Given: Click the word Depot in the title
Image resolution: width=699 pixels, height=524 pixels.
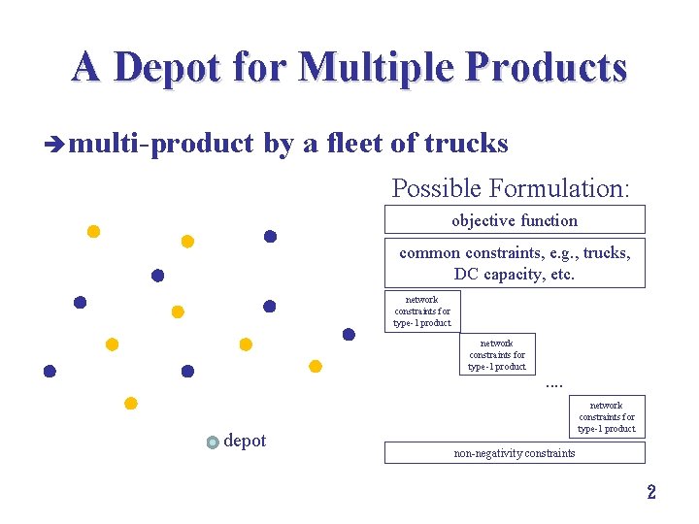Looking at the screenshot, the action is pyautogui.click(x=166, y=68).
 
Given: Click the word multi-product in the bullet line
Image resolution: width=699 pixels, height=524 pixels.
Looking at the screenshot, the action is pyautogui.click(x=162, y=145).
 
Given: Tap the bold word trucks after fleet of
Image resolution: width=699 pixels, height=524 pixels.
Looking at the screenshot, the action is pyautogui.click(x=466, y=144).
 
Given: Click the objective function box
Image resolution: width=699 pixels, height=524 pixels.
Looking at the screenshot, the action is pyautogui.click(x=515, y=220).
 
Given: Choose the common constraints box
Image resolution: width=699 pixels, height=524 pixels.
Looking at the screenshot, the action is pyautogui.click(x=515, y=263).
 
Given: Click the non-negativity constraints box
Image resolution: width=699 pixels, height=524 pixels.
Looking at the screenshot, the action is pyautogui.click(x=515, y=453).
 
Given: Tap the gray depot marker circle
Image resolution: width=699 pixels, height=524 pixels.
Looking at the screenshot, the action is pyautogui.click(x=214, y=442).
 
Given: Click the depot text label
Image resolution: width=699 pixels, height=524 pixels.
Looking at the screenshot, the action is pyautogui.click(x=245, y=442).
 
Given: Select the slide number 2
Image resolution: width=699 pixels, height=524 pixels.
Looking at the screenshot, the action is pyautogui.click(x=651, y=492).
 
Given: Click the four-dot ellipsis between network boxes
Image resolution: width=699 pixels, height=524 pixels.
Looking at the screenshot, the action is pyautogui.click(x=554, y=384).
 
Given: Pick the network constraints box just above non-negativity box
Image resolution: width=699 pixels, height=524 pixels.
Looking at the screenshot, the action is pyautogui.click(x=607, y=417).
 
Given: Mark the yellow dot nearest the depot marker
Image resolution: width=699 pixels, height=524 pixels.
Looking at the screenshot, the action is pyautogui.click(x=131, y=404).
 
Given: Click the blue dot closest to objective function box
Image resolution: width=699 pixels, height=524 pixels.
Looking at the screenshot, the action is pyautogui.click(x=271, y=236).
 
